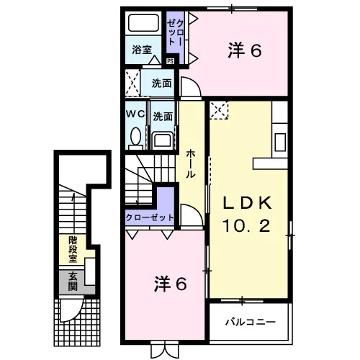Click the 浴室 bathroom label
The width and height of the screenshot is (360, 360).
point(142,50)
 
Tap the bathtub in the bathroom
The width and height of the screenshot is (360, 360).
point(143,22)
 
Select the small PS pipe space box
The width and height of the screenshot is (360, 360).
point(170,61)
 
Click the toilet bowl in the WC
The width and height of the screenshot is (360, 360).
point(136,136)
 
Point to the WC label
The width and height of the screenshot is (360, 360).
point(135,114)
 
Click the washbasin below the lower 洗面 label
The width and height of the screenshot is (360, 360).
point(163,140)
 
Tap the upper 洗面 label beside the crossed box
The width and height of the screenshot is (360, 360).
point(161,84)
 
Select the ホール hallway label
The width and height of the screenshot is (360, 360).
point(191,163)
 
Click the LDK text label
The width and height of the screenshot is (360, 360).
point(247,203)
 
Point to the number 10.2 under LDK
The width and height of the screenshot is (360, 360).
point(246,226)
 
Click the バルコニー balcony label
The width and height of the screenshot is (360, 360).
point(251,322)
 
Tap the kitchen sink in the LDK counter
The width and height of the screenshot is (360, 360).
point(280,142)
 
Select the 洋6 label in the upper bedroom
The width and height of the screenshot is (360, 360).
point(245,50)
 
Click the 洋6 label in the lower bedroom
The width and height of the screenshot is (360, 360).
point(170,284)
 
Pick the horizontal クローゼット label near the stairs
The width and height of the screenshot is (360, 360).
point(150,217)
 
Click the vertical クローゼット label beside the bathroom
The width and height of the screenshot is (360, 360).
point(176,33)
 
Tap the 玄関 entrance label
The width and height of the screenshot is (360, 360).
point(73,282)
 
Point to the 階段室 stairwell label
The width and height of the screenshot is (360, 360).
point(73,250)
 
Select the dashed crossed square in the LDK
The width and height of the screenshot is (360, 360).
point(219,110)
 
